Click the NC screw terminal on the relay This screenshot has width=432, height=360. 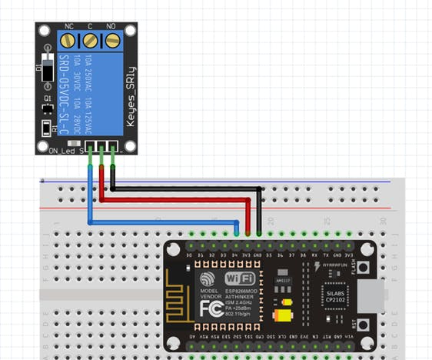pos(68,39)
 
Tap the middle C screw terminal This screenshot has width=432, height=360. pos(91,39)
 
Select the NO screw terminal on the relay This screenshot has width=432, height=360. pos(112,39)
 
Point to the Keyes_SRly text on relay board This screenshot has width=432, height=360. pos(132,85)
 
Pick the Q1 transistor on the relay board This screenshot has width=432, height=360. pos(48,107)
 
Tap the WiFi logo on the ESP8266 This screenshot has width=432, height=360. pos(240,278)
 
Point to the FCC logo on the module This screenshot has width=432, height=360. pos(211,309)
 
